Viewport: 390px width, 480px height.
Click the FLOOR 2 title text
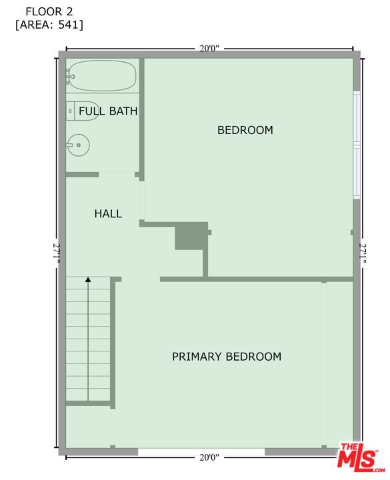click(x=49, y=11)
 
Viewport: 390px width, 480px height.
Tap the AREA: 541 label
click(x=49, y=25)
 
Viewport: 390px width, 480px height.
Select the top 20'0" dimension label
click(x=209, y=49)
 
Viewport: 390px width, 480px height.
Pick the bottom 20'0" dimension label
click(x=209, y=457)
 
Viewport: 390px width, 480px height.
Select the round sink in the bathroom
click(x=77, y=145)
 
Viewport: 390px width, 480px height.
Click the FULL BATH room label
click(x=108, y=111)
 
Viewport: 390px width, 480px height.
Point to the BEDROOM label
click(x=245, y=130)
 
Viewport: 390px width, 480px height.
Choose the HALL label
click(x=108, y=214)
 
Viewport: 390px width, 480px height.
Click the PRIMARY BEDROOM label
click(x=227, y=357)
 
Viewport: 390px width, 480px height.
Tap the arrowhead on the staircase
click(x=88, y=281)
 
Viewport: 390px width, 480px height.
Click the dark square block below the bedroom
click(x=191, y=236)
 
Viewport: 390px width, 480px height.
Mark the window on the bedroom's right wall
click(x=357, y=145)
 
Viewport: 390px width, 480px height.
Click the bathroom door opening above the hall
click(x=117, y=175)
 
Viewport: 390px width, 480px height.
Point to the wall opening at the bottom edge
click(x=201, y=451)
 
